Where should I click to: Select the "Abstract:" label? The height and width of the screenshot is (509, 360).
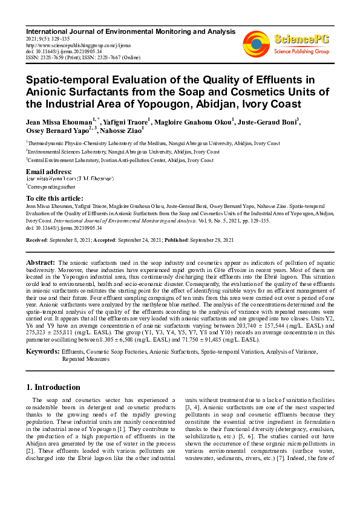pyautogui.click(x=41, y=263)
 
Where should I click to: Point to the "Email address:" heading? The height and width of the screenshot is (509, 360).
pyautogui.click(x=49, y=172)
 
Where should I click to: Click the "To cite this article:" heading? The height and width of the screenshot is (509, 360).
pyautogui.click(x=55, y=198)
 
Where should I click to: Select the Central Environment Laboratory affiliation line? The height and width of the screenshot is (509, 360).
pyautogui.click(x=121, y=160)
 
